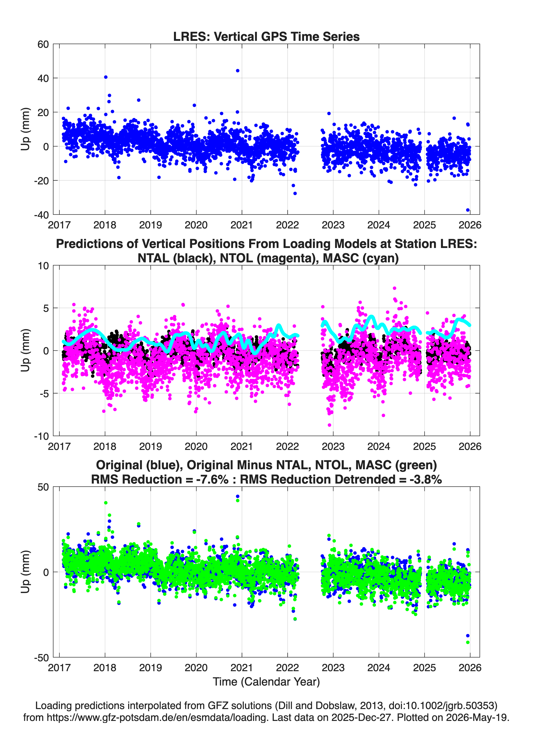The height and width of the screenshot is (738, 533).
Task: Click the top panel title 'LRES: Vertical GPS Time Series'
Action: click(x=266, y=36)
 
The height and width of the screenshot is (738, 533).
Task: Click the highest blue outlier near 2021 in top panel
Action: click(x=238, y=71)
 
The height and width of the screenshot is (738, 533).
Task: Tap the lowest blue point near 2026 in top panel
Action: click(x=468, y=210)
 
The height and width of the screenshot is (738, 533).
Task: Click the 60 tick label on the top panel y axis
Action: click(x=43, y=44)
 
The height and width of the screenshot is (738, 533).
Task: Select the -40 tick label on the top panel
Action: click(x=41, y=215)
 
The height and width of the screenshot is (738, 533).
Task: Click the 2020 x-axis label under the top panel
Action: click(x=196, y=225)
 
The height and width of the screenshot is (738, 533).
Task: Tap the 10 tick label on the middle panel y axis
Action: click(x=43, y=266)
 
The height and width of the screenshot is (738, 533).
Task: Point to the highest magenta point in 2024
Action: click(x=394, y=288)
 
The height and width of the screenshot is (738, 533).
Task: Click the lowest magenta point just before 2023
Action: click(x=329, y=425)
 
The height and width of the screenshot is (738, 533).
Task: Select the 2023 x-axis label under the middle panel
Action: click(x=333, y=446)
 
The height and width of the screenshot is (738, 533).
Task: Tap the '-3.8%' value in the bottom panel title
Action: click(x=426, y=479)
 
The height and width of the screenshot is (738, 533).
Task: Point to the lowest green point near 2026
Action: click(x=468, y=642)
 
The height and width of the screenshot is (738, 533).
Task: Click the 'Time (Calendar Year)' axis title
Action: click(x=266, y=682)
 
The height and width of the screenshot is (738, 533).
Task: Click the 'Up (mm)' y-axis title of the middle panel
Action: click(x=25, y=350)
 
